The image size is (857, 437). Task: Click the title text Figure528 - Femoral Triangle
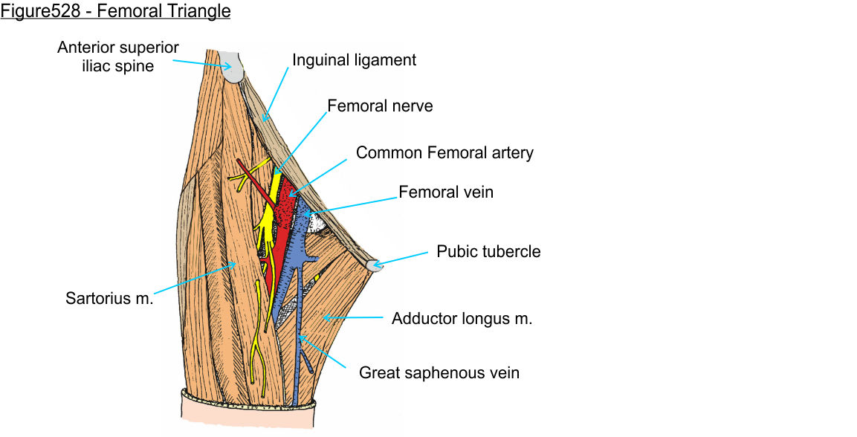[x=115, y=12]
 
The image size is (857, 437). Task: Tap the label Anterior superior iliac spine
[x=118, y=56]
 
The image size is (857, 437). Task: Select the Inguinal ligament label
[x=354, y=60]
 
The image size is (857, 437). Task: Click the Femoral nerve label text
[x=380, y=106]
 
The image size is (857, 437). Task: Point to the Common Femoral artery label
[x=444, y=153]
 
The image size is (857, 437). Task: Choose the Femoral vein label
[x=446, y=192]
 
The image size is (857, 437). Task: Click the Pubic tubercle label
[x=488, y=251]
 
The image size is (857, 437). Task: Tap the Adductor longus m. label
[x=462, y=320]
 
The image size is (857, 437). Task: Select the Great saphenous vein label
[x=439, y=372]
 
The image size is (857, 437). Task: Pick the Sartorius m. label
[x=109, y=299]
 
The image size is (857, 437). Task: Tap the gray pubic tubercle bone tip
[x=375, y=265]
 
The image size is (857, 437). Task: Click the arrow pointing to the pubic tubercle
[x=401, y=259]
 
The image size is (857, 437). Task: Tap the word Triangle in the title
[x=199, y=12]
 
